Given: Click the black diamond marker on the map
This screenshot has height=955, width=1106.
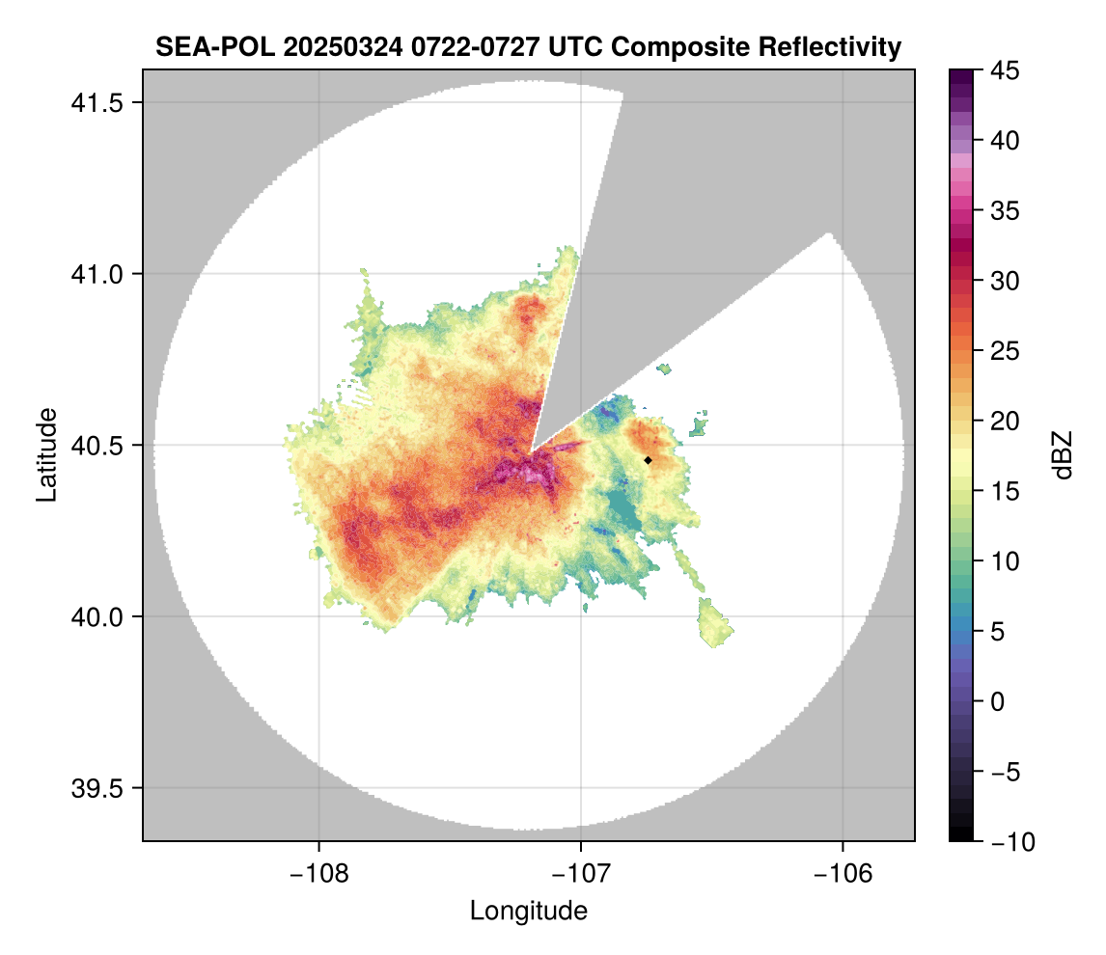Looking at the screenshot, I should (649, 460).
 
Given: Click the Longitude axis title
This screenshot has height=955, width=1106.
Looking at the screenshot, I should (528, 911).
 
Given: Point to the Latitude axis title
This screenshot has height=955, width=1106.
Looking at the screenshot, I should (46, 454).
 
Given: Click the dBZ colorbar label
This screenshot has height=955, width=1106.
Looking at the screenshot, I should (1063, 454).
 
